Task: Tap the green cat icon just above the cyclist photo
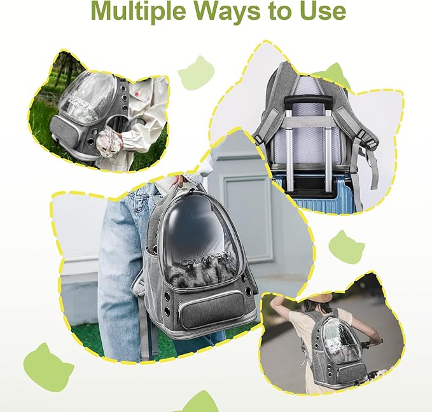(346, 247)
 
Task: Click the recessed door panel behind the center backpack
(250, 216)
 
